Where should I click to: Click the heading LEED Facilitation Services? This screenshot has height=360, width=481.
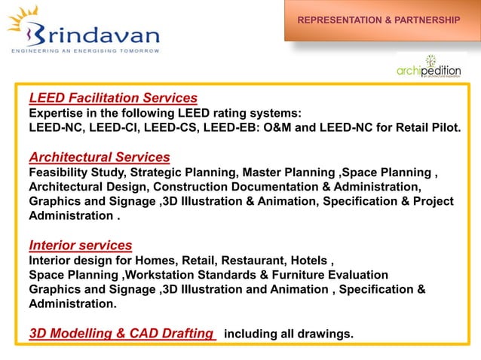coord(113,98)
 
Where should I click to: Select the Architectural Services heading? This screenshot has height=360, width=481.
coord(99,157)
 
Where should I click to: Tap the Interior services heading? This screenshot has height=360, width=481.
coord(80,245)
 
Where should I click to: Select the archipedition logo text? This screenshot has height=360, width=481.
coord(429,71)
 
